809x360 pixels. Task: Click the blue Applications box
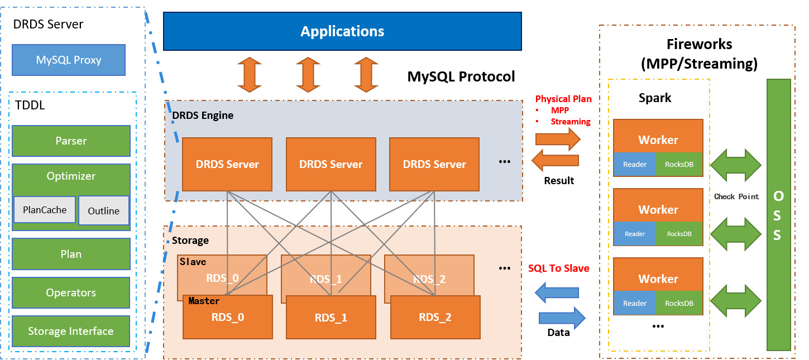click(x=342, y=31)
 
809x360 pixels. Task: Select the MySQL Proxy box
click(x=68, y=60)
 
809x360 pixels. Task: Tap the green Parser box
click(x=71, y=141)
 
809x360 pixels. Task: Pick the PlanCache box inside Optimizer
click(x=45, y=210)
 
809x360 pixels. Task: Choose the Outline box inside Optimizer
click(x=104, y=211)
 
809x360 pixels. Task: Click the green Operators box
click(x=71, y=292)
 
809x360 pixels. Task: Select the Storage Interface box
click(x=71, y=331)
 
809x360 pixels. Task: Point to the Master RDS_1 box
click(x=331, y=318)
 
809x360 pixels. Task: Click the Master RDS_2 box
click(x=435, y=317)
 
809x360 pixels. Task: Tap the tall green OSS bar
click(x=778, y=214)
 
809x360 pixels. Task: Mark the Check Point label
click(x=736, y=196)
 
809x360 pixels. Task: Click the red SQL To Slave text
click(x=558, y=268)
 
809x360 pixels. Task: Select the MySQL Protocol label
click(x=461, y=76)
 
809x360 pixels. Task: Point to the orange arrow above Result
click(x=555, y=161)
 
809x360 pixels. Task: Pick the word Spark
click(x=655, y=98)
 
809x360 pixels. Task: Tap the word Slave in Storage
click(x=193, y=262)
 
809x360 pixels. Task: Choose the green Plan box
click(x=71, y=254)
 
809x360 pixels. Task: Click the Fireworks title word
click(x=699, y=44)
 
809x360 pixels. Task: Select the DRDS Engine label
click(x=203, y=116)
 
